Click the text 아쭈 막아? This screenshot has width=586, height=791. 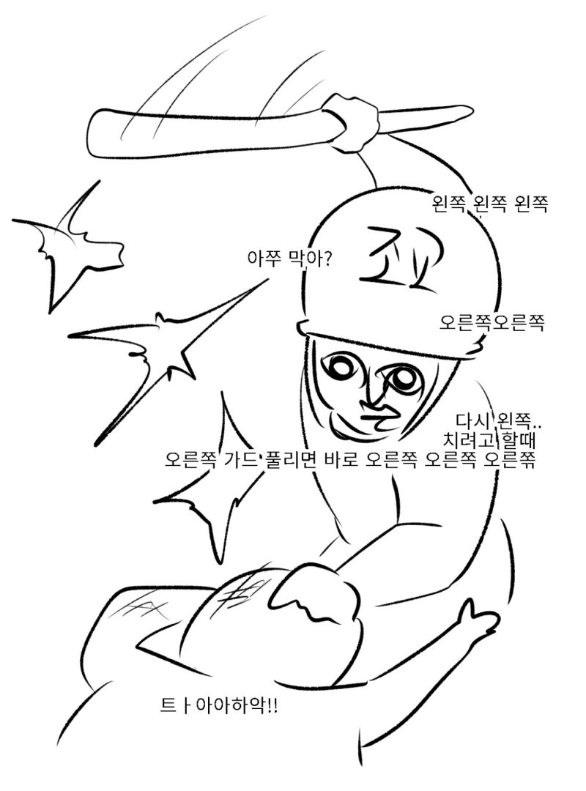point(289,259)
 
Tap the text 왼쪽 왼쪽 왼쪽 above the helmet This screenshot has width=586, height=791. point(489,204)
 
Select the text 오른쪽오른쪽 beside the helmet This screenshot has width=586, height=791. point(492,322)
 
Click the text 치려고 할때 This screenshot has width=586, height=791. point(488,440)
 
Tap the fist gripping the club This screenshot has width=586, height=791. point(354,123)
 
